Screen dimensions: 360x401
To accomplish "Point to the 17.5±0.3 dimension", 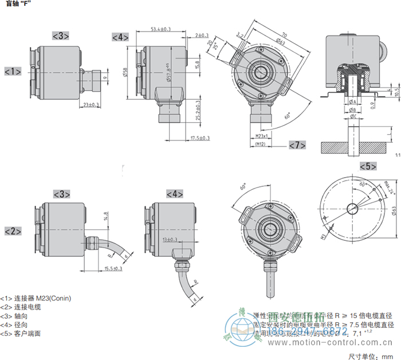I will coord(199,138).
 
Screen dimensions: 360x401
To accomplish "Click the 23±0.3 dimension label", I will coord(91,105).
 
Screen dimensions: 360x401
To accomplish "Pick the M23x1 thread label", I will coord(261,137).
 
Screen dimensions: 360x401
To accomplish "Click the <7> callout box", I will coord(297,145).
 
